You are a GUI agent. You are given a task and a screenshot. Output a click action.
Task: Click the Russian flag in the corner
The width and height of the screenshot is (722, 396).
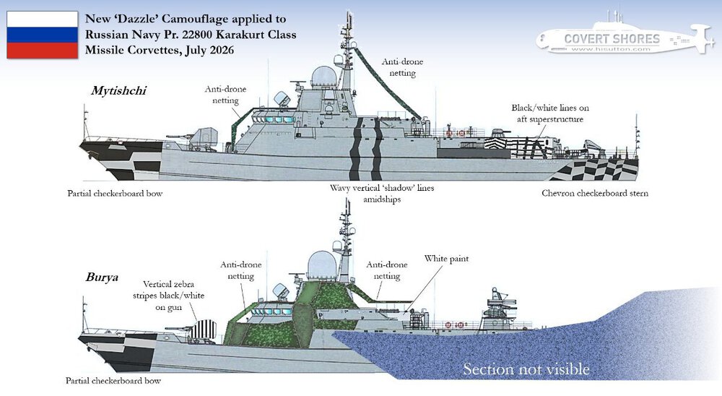pos(43,35)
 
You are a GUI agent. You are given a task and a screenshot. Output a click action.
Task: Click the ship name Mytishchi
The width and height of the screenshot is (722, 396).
pos(118,90)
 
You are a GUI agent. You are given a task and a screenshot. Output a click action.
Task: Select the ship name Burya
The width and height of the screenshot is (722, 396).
pos(102,277)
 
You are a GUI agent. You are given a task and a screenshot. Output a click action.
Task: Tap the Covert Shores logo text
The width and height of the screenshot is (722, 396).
pos(612,39)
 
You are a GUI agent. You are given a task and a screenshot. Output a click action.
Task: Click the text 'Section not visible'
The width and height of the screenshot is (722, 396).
pos(526,369)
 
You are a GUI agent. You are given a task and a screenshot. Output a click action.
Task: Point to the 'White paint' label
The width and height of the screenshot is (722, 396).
pos(446,259)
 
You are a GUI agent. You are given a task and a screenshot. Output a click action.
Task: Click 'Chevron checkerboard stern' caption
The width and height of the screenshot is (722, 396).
pos(595,193)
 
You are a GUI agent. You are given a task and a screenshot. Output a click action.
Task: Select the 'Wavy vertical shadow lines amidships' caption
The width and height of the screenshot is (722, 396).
pos(382,194)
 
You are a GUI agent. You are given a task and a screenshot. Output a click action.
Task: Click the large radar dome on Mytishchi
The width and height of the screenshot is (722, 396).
pos(323,77)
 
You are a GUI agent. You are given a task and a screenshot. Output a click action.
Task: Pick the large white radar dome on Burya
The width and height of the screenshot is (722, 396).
pos(322,265)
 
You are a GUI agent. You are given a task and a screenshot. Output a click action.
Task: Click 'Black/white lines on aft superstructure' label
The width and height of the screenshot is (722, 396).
pos(549,113)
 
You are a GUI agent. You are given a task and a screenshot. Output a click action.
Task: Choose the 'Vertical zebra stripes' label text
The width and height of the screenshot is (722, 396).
pos(168,296)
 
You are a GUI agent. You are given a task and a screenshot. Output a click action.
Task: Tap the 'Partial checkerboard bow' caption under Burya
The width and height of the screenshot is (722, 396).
pos(113,381)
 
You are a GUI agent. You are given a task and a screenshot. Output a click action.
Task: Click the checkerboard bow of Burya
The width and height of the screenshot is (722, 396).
pos(120,353)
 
